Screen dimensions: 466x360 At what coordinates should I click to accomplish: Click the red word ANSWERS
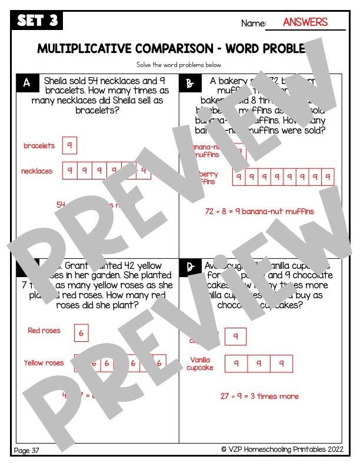click(305, 22)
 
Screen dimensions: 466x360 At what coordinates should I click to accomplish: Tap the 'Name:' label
click(253, 24)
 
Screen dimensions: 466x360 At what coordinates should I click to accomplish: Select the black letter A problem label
click(26, 83)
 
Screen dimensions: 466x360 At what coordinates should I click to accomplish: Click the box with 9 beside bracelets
click(69, 145)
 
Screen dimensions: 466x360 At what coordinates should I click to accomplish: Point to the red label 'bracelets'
click(39, 145)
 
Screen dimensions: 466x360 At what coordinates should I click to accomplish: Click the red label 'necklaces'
click(36, 171)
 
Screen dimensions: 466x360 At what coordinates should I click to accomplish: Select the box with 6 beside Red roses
click(81, 333)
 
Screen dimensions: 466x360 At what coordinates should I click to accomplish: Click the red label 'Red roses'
click(44, 331)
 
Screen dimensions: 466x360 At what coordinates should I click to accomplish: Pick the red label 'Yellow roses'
click(44, 362)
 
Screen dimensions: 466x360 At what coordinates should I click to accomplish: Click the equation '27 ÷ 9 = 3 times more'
click(259, 396)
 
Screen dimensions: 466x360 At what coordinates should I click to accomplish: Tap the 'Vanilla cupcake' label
click(201, 364)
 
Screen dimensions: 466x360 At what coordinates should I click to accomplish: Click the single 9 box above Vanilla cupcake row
click(235, 337)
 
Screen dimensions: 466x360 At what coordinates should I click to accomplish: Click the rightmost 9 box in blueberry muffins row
click(328, 177)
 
